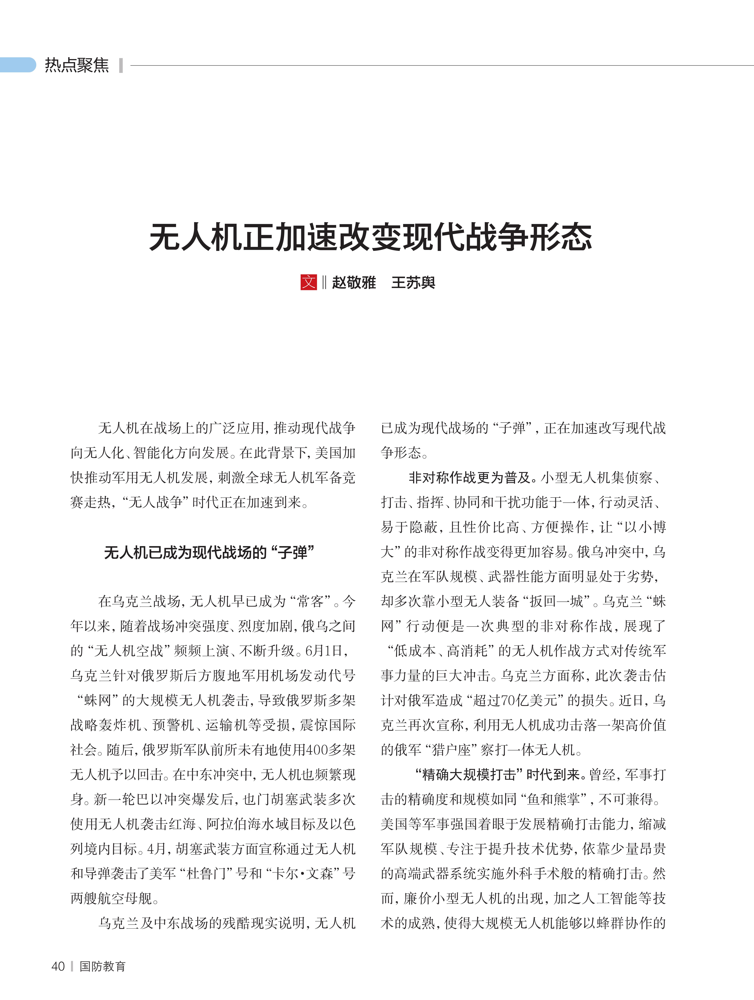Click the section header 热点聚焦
coord(77,65)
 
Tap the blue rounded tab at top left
coord(18,65)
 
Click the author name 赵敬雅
coord(354,282)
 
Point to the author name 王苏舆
coord(413,282)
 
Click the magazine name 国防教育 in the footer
coord(103,966)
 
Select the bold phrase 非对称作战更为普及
coord(470,478)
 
